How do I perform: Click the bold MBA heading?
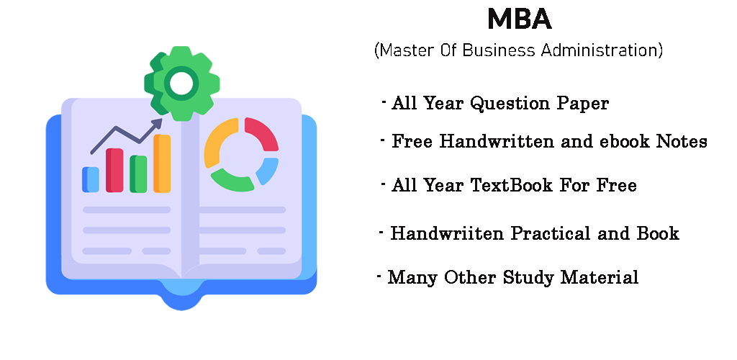[519, 19]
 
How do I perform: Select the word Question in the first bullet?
[511, 104]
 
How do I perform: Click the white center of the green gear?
[181, 84]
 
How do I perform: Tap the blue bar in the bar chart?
[91, 179]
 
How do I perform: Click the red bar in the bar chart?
[114, 170]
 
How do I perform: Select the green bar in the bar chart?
[138, 174]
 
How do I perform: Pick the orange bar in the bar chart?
[162, 163]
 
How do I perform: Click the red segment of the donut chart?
[263, 131]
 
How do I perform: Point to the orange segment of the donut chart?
[216, 139]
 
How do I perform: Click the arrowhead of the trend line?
[157, 123]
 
